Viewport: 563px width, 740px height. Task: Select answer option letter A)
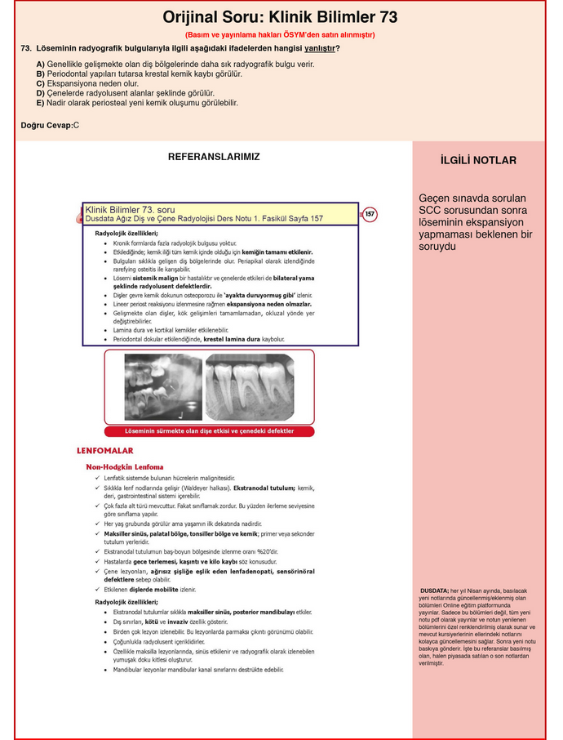(40, 64)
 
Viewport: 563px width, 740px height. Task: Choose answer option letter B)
(40, 74)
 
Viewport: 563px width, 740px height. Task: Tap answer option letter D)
(40, 93)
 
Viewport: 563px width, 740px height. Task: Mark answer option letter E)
(40, 103)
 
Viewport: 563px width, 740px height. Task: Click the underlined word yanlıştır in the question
(320, 48)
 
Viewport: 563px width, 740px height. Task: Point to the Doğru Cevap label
(47, 125)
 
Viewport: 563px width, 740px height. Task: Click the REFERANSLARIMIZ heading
(214, 156)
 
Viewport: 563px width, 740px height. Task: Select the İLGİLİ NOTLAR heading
(478, 160)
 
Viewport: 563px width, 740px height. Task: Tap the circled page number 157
(370, 214)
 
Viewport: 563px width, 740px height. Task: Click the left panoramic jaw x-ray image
(162, 386)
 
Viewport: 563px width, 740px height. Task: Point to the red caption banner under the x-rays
(210, 430)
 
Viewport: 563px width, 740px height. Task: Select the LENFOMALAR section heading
(104, 450)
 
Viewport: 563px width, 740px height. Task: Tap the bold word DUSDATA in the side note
(434, 591)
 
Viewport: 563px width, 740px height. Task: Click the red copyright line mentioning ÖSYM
(280, 34)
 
